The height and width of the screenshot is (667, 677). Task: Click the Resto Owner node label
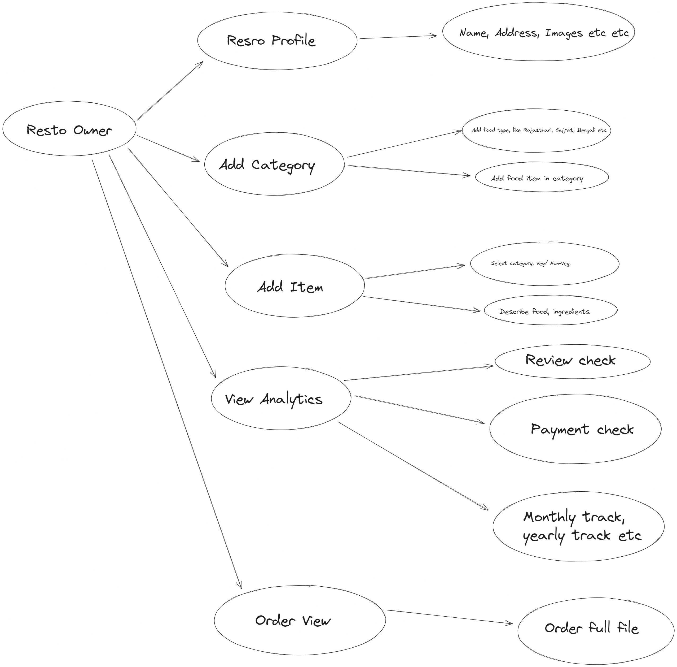tap(69, 130)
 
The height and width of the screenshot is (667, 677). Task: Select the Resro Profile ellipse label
tap(271, 41)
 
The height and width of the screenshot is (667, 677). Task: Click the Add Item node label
tap(290, 287)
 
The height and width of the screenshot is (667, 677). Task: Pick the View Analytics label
tap(273, 399)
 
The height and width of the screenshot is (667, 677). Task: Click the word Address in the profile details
tap(516, 33)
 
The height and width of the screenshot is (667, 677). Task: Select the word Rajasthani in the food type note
tap(537, 130)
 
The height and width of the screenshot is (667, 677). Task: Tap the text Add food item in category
tap(537, 179)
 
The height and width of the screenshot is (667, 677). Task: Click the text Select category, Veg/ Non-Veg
tap(531, 263)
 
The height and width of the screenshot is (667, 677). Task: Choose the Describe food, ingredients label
tap(544, 311)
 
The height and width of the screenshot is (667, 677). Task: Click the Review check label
tap(570, 361)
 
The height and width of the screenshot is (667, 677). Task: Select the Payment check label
tap(582, 430)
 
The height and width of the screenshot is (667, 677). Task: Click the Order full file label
tap(591, 628)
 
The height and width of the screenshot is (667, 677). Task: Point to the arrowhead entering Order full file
tap(511, 623)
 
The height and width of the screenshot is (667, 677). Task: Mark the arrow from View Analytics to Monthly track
tap(413, 466)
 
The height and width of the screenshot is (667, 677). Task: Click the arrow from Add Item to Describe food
tap(422, 303)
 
